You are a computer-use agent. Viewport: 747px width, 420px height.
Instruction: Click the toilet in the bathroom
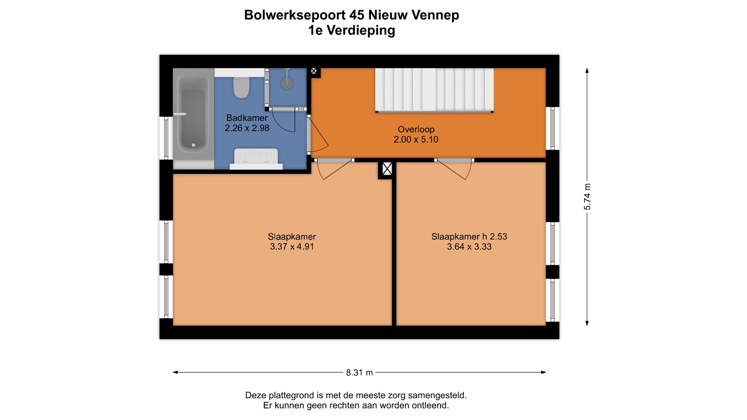pos(241,87)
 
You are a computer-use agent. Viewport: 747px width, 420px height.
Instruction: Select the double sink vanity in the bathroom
pos(256,159)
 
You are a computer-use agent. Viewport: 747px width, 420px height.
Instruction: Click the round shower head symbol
pos(287,83)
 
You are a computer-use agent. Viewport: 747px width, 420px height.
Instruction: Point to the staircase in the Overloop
pos(434,90)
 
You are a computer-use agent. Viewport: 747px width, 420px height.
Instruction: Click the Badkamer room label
pos(247,118)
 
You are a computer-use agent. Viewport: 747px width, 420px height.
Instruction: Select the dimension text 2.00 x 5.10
pos(416,140)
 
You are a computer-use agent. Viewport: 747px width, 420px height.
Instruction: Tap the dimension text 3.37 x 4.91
pos(292,247)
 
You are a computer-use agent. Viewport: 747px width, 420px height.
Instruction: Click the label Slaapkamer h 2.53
pos(469,237)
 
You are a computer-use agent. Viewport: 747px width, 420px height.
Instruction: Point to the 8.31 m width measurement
pos(359,373)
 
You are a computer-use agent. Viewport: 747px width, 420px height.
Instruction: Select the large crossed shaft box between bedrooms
pos(387,169)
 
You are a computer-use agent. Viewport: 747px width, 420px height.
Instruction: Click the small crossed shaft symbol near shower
pos(314,71)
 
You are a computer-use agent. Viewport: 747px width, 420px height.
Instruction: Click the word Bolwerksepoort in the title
pos(295,15)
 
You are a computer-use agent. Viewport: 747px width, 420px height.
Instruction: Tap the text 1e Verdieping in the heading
pos(351,30)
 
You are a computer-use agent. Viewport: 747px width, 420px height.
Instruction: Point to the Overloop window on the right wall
pos(552,128)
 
